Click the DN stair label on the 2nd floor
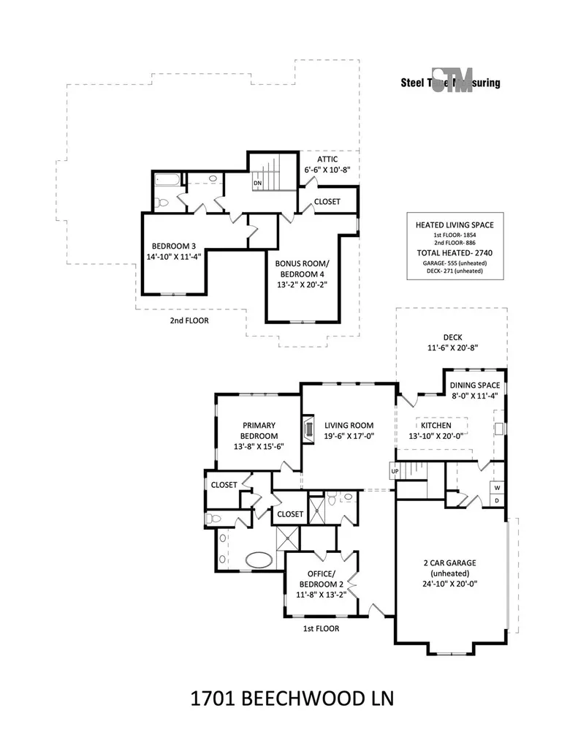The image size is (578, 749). click(258, 183)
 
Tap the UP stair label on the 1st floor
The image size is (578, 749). click(395, 471)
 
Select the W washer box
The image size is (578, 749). click(498, 488)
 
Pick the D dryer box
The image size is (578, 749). click(498, 500)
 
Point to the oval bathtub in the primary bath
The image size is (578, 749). click(259, 560)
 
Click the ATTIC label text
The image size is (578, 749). click(327, 159)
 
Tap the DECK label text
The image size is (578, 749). click(452, 337)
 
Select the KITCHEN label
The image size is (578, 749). click(436, 425)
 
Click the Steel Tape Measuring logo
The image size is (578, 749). click(451, 83)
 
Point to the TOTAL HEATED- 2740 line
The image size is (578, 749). click(455, 252)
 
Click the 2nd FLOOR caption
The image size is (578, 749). click(189, 320)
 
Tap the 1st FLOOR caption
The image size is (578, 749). click(322, 628)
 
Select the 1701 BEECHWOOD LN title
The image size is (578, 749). click(292, 699)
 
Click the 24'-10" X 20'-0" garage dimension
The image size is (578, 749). click(449, 583)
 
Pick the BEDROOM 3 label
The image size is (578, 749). click(174, 246)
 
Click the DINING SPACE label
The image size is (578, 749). click(475, 385)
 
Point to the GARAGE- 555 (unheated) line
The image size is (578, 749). click(455, 263)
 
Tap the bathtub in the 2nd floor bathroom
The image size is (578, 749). click(167, 181)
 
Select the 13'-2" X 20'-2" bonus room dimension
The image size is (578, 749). click(302, 285)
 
